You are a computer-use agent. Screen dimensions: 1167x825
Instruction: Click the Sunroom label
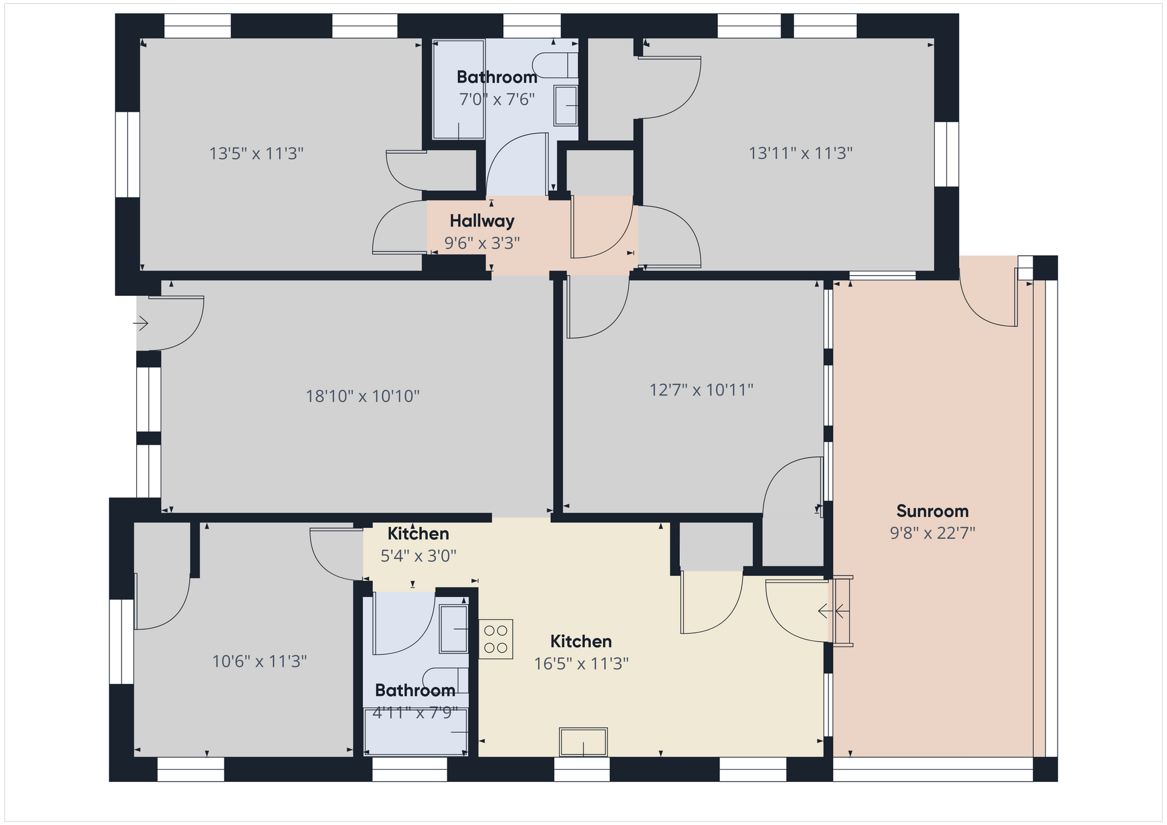click(x=932, y=511)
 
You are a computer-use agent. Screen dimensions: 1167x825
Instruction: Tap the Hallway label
click(x=482, y=221)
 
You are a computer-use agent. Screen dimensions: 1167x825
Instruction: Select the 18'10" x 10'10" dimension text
click(x=363, y=397)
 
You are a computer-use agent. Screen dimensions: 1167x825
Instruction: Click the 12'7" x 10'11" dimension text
click(x=701, y=390)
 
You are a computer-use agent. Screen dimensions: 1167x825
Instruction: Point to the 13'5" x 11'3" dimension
click(x=256, y=154)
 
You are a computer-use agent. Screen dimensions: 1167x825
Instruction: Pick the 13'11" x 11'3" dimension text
click(x=800, y=153)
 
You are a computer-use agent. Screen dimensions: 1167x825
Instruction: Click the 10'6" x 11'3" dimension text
click(x=260, y=662)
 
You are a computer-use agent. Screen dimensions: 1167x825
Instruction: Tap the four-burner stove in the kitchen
click(x=496, y=639)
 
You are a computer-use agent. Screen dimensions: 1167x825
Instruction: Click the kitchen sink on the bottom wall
click(x=583, y=742)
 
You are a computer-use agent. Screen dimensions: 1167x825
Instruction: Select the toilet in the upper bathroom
click(x=555, y=65)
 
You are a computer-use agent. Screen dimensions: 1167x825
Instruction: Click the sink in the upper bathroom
click(x=566, y=106)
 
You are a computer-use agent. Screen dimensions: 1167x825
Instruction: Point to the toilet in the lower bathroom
click(x=446, y=680)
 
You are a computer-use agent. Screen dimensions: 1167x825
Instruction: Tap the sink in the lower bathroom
click(x=453, y=629)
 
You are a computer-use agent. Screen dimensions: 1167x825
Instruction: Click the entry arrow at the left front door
click(x=141, y=323)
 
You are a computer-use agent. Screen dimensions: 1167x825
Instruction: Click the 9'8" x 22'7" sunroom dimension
click(x=932, y=533)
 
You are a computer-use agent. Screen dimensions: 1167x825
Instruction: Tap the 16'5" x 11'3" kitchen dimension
click(x=581, y=664)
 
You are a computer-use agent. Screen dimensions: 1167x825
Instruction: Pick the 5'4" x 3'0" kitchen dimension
click(x=418, y=556)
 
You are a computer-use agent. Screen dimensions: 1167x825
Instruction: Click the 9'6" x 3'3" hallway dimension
click(x=482, y=244)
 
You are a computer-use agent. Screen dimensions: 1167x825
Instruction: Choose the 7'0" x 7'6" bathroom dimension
click(x=497, y=100)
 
